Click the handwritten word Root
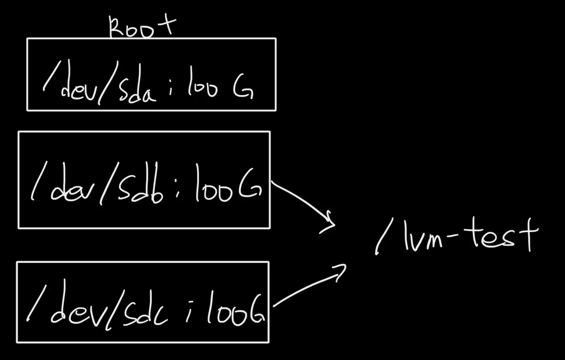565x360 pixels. pos(141,27)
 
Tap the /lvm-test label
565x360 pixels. pos(456,237)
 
